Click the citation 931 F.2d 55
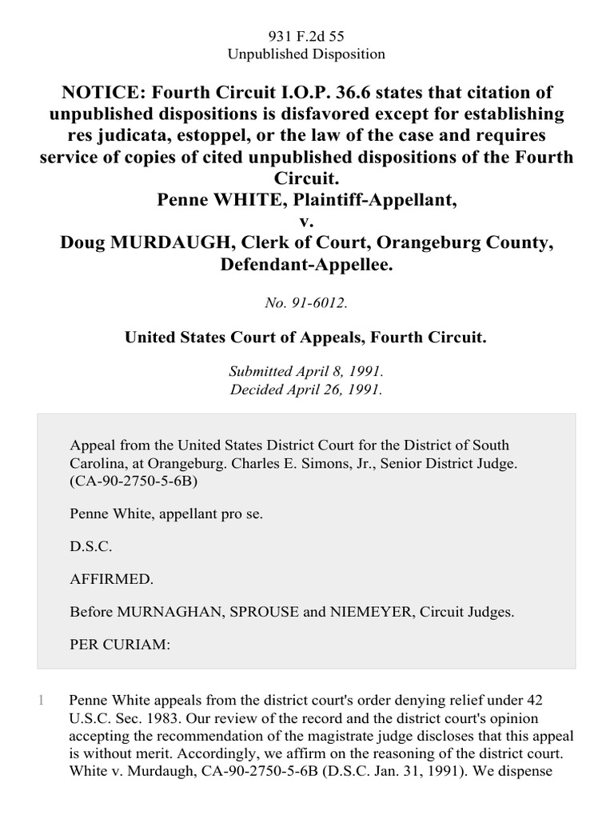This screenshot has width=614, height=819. tap(307, 37)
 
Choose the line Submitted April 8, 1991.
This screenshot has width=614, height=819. tap(307, 372)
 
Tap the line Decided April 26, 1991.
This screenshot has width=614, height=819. tap(307, 390)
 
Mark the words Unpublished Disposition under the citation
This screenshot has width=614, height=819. tap(307, 55)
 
